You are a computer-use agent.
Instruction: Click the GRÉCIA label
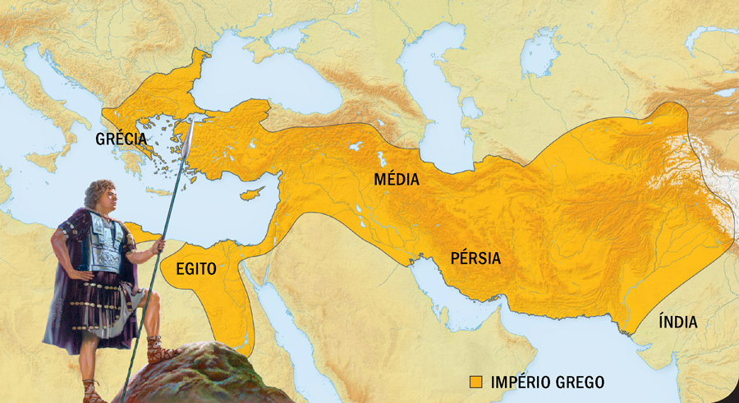point(121,139)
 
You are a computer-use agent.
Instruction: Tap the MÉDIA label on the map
point(396,180)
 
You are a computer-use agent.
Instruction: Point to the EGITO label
point(195,268)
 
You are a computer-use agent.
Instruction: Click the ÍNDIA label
point(677,323)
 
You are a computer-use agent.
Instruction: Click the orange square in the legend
point(475,382)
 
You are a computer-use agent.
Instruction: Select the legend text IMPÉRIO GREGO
point(547,382)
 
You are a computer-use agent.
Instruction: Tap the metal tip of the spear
point(188,137)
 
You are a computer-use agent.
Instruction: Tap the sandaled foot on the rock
point(160,355)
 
